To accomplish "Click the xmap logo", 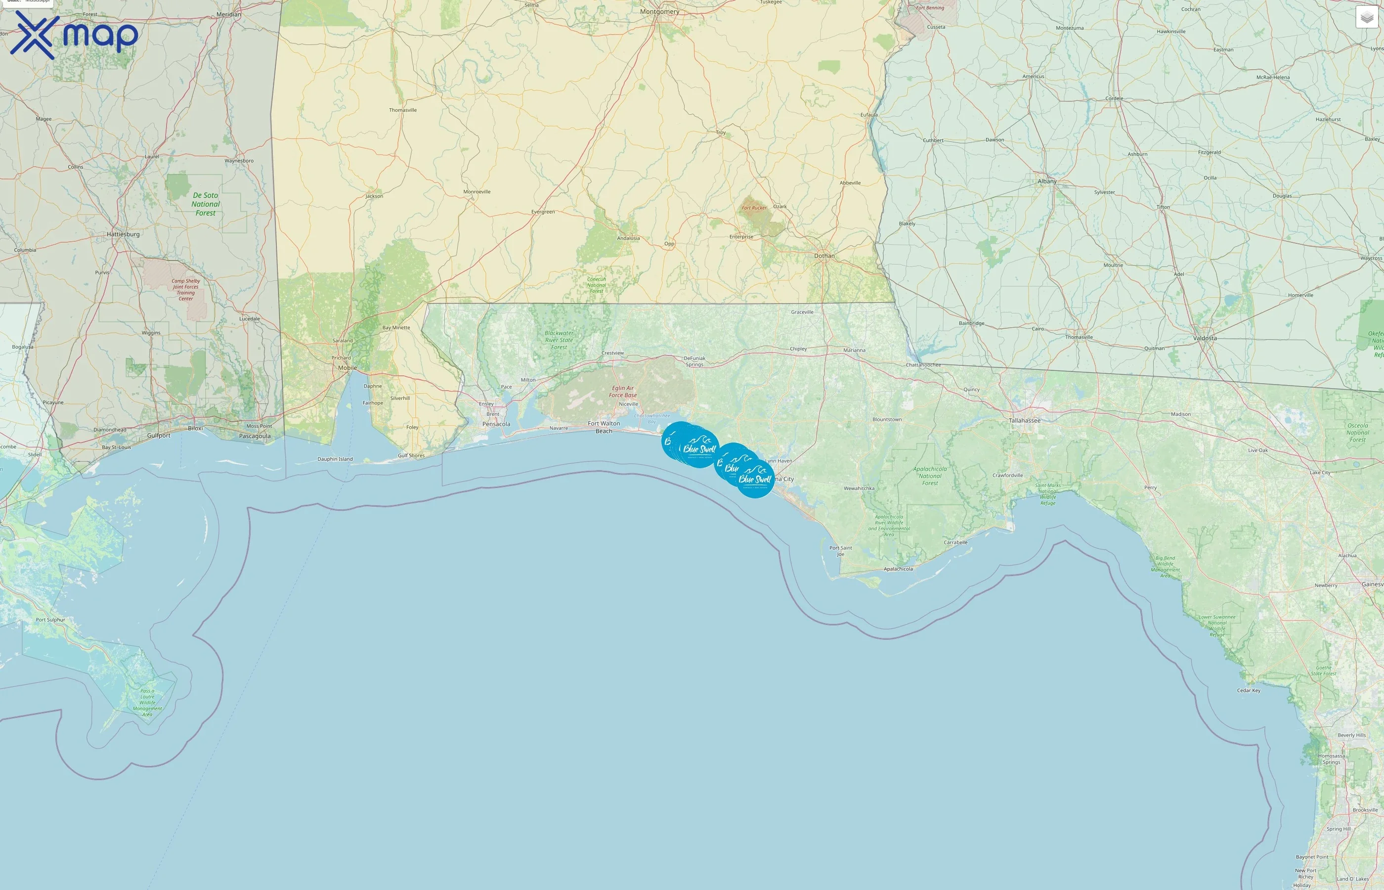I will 74,35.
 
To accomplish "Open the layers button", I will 1367,17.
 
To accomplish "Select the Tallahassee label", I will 1024,420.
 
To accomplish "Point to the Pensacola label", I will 496,424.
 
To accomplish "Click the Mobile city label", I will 347,367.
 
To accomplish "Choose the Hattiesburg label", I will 123,234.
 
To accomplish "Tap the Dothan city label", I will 824,256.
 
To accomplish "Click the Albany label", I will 1047,181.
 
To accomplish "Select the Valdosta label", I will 1205,338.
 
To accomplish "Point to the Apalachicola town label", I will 898,569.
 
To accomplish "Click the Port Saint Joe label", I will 840,551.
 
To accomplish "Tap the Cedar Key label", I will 1248,690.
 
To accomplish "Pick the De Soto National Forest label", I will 206,204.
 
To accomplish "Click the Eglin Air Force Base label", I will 623,391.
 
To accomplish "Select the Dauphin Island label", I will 335,459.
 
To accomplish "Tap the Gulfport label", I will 159,435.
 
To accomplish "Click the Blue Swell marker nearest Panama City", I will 755,479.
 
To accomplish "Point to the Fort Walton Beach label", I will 604,427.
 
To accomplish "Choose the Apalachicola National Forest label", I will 930,476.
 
